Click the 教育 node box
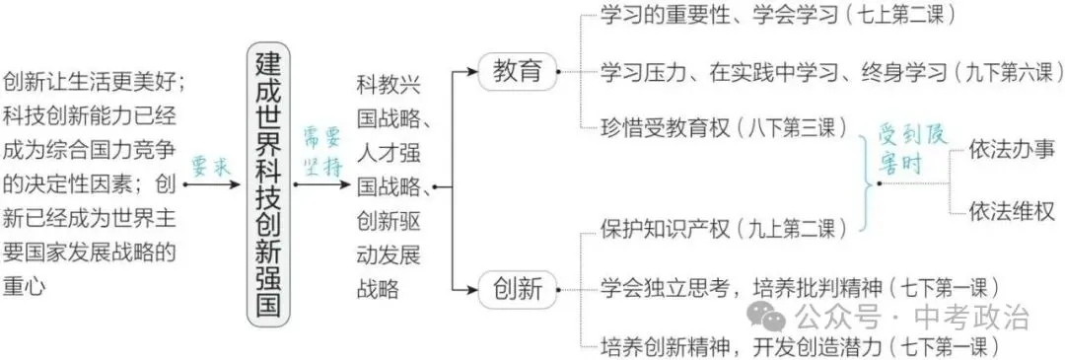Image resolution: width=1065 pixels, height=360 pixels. click(516, 71)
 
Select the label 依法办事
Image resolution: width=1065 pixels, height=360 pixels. click(1012, 150)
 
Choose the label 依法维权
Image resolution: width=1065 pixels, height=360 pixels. click(1012, 211)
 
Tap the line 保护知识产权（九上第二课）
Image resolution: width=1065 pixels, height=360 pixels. click(722, 229)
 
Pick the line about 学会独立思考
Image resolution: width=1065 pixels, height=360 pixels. click(800, 288)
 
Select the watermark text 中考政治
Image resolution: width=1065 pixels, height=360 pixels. click(971, 318)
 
